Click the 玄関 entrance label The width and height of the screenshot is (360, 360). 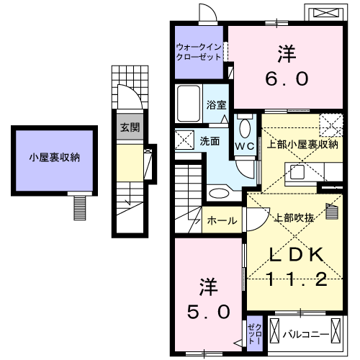[x=130, y=127]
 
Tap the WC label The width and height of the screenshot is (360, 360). [x=245, y=146]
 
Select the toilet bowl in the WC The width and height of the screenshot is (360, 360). [x=245, y=127]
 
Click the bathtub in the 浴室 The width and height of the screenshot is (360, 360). [x=189, y=104]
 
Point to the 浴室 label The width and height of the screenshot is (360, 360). [x=216, y=105]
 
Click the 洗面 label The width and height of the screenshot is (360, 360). [x=210, y=141]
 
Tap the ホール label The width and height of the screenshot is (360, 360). [x=222, y=220]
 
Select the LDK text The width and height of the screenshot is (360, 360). [x=296, y=255]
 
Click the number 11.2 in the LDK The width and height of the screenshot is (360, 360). [x=297, y=279]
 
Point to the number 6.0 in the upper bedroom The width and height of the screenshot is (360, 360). [x=287, y=78]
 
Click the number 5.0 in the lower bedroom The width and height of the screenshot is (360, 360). [x=209, y=312]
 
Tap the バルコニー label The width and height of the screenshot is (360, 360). [x=305, y=335]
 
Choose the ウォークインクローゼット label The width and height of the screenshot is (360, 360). [x=199, y=52]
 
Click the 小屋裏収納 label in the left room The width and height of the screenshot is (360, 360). [x=55, y=158]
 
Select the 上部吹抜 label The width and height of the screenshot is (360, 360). [x=294, y=218]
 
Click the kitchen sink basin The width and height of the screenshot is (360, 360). [x=297, y=172]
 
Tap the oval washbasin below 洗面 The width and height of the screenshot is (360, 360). [x=219, y=194]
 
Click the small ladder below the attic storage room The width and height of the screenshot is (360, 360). [x=80, y=208]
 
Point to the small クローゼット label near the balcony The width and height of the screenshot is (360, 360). [x=255, y=333]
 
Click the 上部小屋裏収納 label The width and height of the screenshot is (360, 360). [x=302, y=145]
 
